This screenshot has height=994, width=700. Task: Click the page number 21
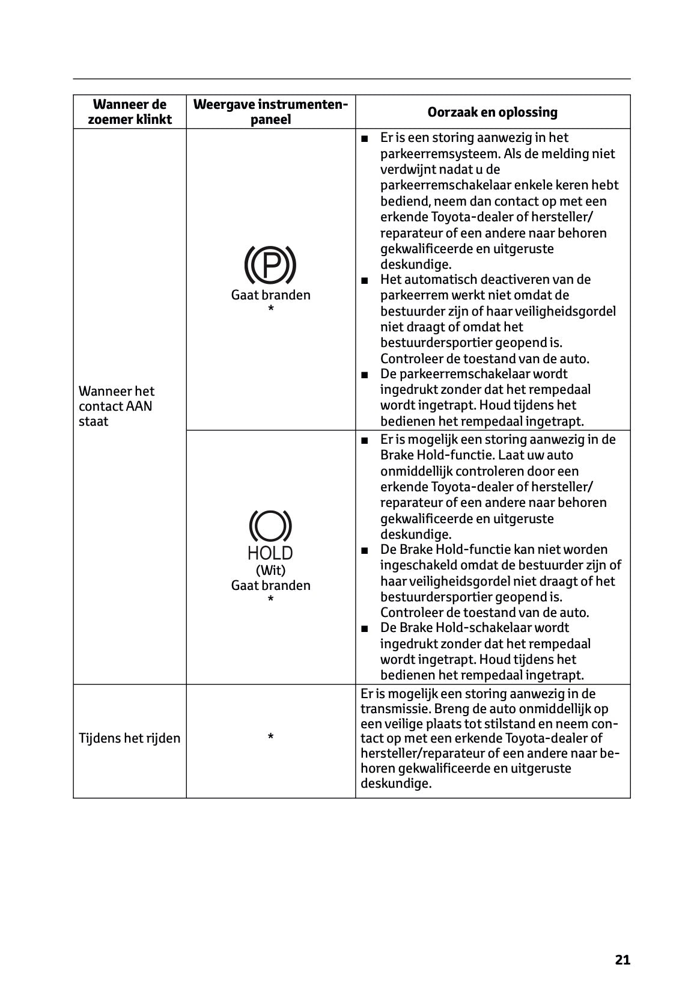tap(622, 960)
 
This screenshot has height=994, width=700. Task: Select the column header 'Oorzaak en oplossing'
tap(492, 112)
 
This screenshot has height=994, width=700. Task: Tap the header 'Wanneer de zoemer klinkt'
tap(129, 112)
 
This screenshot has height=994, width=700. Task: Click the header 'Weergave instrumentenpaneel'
tap(270, 112)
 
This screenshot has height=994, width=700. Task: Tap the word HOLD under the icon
tap(270, 553)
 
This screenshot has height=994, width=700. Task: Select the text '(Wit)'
tap(270, 570)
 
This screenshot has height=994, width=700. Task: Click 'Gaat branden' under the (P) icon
tap(270, 295)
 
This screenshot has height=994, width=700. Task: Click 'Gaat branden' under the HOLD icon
tap(270, 586)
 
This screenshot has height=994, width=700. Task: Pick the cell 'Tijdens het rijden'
tap(129, 738)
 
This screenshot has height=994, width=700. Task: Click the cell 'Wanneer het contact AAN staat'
tap(117, 406)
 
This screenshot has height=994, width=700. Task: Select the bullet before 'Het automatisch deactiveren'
tap(364, 280)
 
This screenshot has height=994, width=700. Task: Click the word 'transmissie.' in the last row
tap(388, 709)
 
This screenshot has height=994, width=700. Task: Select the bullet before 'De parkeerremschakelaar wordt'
tap(364, 375)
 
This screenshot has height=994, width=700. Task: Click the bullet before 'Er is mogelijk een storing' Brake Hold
tap(364, 440)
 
